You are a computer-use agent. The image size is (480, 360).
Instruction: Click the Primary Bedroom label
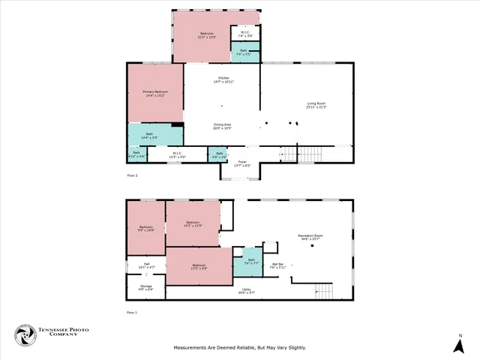(154, 93)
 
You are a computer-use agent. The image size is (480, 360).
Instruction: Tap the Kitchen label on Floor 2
(223, 79)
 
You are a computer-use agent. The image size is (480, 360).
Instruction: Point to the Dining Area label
(222, 127)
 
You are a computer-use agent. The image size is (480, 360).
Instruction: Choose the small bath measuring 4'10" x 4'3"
(136, 154)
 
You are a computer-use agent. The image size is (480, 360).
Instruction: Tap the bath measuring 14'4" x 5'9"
(154, 136)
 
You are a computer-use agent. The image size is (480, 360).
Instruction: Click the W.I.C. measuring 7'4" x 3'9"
(245, 34)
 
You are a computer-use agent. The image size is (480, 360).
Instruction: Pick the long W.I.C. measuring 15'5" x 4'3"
(177, 154)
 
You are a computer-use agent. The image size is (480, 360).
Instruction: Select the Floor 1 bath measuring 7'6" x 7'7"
(251, 262)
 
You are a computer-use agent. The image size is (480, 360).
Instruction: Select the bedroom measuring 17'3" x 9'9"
(199, 266)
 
